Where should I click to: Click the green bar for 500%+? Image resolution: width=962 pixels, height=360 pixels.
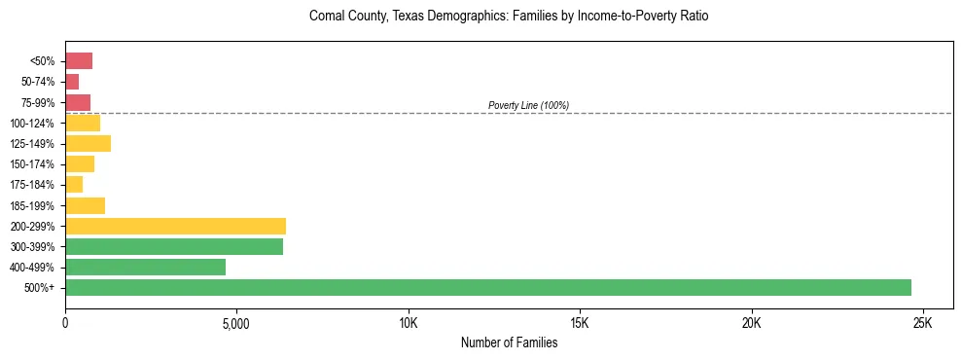pyautogui.click(x=487, y=288)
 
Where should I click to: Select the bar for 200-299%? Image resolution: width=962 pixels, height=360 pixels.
pyautogui.click(x=175, y=226)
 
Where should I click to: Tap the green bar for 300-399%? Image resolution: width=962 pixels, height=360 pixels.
pyautogui.click(x=174, y=247)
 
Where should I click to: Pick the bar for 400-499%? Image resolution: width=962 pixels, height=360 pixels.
pyautogui.click(x=145, y=268)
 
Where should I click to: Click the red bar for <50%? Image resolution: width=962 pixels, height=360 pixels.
pyautogui.click(x=79, y=61)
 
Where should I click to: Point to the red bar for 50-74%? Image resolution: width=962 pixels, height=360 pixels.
pyautogui.click(x=72, y=82)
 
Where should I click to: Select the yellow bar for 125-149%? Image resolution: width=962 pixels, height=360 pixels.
pyautogui.click(x=88, y=144)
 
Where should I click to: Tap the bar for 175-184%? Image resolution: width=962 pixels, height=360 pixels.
pyautogui.click(x=74, y=185)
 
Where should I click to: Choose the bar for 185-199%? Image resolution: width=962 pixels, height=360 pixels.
pyautogui.click(x=85, y=205)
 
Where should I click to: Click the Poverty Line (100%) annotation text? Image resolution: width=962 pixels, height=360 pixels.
pyautogui.click(x=528, y=105)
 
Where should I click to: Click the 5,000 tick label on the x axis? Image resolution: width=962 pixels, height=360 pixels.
pyautogui.click(x=236, y=323)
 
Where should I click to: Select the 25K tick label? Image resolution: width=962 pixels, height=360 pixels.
pyautogui.click(x=923, y=323)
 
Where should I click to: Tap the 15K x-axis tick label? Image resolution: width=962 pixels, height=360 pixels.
pyautogui.click(x=580, y=323)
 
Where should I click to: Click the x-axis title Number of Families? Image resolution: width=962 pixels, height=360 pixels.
pyautogui.click(x=509, y=342)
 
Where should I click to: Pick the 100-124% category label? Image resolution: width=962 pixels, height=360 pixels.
pyautogui.click(x=33, y=124)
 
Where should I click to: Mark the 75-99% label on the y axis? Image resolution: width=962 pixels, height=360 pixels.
pyautogui.click(x=36, y=103)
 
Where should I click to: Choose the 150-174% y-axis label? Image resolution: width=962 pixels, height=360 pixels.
pyautogui.click(x=33, y=164)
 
